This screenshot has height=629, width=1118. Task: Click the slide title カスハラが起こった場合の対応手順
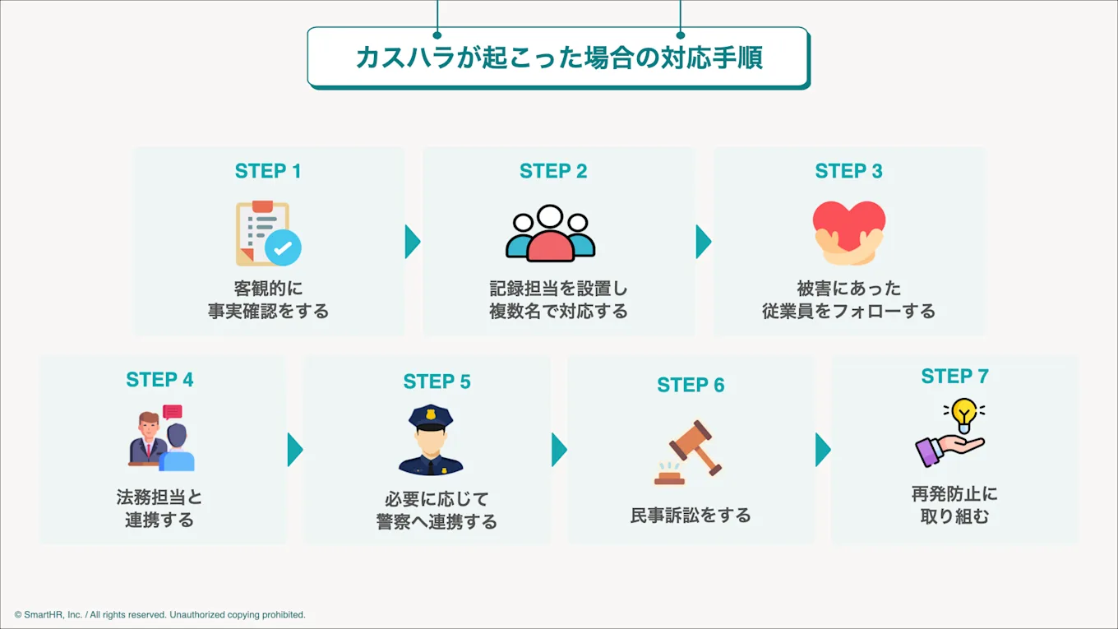[x=558, y=58]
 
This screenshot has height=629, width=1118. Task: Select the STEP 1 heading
[x=268, y=171]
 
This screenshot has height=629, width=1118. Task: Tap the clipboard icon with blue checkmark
[x=268, y=234]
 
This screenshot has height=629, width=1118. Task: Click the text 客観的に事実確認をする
[x=268, y=300]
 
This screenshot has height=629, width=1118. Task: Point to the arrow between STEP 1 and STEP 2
[x=412, y=242]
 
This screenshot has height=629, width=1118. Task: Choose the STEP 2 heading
[x=553, y=171]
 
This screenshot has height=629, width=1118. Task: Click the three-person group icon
[x=550, y=234]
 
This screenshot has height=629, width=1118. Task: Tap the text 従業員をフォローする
[x=848, y=312]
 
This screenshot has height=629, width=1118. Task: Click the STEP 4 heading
[x=159, y=380]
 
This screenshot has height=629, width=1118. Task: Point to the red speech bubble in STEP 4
[x=173, y=413]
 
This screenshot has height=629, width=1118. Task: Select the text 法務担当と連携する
[x=159, y=509]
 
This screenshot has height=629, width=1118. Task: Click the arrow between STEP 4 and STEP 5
[x=294, y=450]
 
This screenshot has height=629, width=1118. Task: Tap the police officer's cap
[x=431, y=416]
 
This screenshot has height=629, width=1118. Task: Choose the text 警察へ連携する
[x=437, y=522]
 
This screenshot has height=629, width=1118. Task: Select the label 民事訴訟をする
[x=691, y=516]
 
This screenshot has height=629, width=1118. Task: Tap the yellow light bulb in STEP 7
[x=963, y=412]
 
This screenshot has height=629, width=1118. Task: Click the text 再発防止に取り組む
[x=954, y=506]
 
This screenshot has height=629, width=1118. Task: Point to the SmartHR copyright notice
[x=160, y=615]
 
